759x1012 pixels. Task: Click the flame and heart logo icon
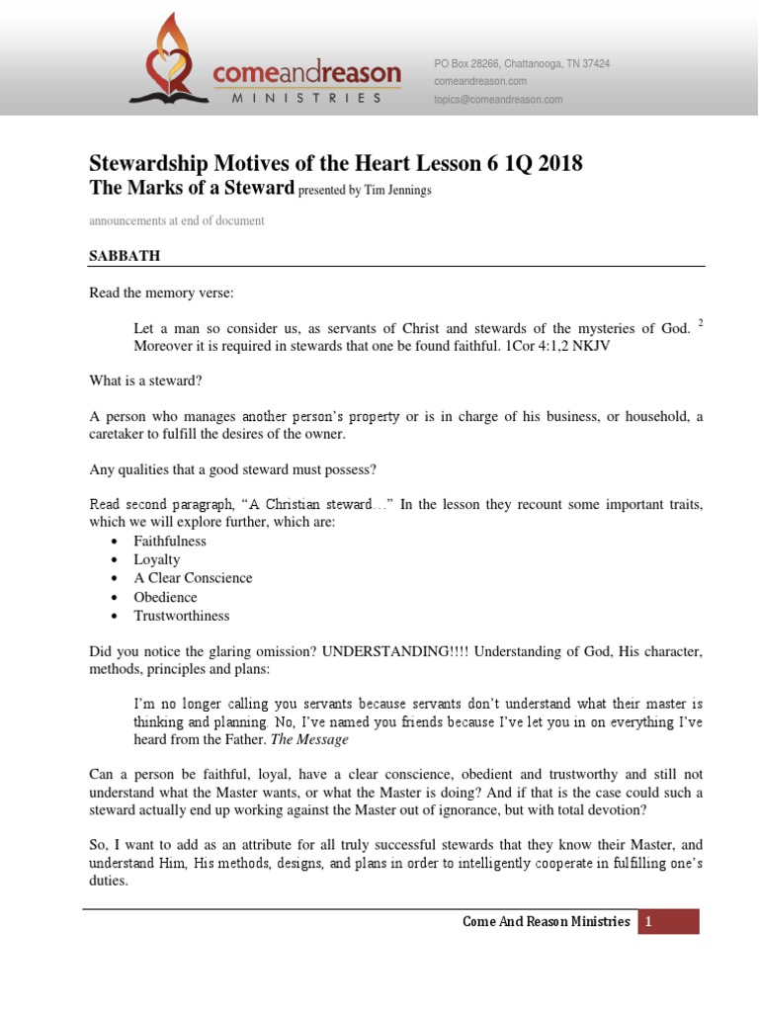coord(169,58)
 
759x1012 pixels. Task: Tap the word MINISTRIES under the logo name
coord(306,98)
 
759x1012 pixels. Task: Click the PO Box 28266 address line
coord(522,63)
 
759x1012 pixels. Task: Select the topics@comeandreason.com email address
coord(498,99)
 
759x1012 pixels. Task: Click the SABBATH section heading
coord(125,256)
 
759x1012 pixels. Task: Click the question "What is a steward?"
coord(144,380)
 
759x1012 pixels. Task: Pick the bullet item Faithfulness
coord(170,541)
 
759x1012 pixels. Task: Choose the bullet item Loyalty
coord(157,559)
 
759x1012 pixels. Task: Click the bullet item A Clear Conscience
coord(193,578)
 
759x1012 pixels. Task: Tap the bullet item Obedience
coord(165,597)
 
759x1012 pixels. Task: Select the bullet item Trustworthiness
coord(182,616)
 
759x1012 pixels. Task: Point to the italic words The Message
coord(309,739)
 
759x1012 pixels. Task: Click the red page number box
coord(668,922)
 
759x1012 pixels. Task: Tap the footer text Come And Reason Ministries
coord(546,922)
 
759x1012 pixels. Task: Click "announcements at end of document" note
coord(177,220)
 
